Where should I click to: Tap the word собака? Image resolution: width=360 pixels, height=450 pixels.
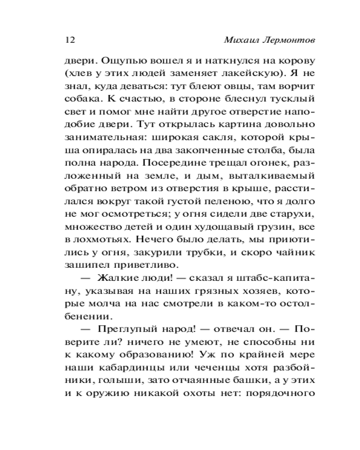click(x=83, y=98)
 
